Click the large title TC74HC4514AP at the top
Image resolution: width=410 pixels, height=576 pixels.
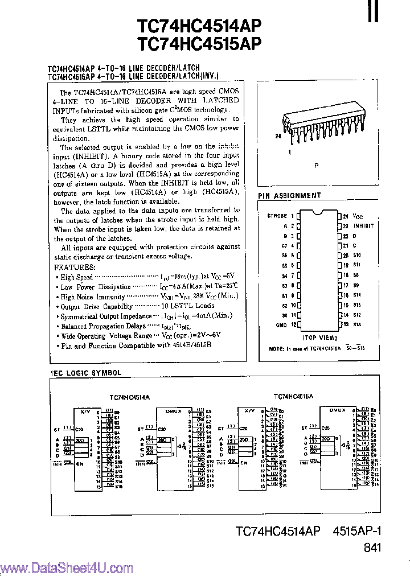pos(199,26)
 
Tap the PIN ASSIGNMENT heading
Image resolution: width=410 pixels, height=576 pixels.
pos(289,196)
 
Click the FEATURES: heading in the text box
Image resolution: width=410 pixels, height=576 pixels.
pos(75,267)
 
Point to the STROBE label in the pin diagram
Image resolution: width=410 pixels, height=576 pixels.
pos(277,216)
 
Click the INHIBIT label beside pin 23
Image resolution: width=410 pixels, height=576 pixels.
pos(363,225)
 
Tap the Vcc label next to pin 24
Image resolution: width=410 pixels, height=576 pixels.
pos(357,216)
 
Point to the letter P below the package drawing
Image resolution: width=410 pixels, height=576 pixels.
pos(317,164)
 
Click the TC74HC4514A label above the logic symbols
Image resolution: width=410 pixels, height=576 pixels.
pos(129,397)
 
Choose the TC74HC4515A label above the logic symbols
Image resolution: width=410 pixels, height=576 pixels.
pos(293,396)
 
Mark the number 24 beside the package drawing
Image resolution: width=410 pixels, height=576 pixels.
pos(278,137)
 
